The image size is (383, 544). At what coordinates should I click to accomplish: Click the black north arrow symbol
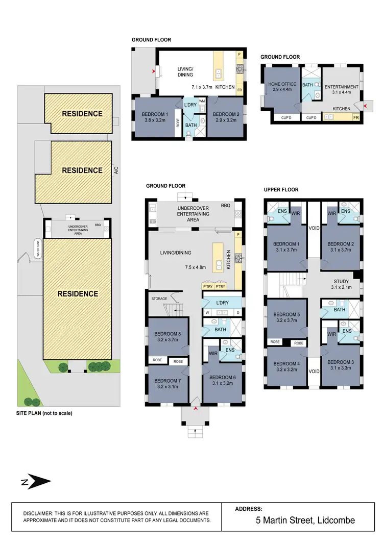pos(39,481)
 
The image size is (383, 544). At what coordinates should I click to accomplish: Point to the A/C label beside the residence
pos(116,171)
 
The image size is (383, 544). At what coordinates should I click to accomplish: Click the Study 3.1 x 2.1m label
pos(341,284)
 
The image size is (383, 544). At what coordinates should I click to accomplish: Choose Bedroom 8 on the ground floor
pos(167,337)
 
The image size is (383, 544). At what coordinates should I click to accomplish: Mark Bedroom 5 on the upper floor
pos(286,317)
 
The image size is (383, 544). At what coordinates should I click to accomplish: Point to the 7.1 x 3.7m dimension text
pos(202,87)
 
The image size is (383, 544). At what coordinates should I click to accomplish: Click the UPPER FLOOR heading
pos(281,190)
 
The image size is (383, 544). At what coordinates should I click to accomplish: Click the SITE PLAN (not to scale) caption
pos(44,413)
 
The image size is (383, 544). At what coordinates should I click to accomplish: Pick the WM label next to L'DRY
pos(201,102)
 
